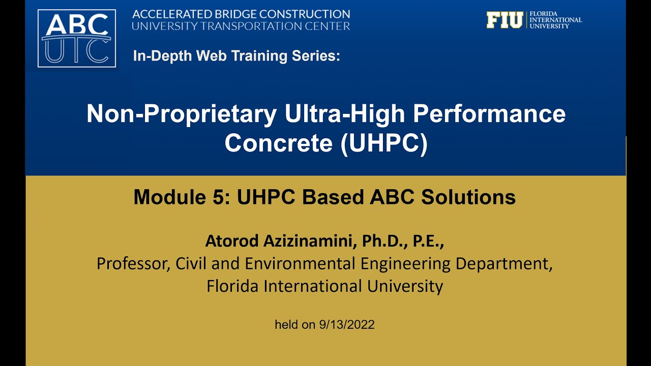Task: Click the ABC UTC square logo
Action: pos(77,38)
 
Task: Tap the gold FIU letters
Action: pos(504,20)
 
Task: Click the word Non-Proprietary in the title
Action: pos(182,114)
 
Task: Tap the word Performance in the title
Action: pos(489,114)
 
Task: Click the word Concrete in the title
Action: pos(279,143)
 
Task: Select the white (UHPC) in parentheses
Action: pos(384,143)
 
